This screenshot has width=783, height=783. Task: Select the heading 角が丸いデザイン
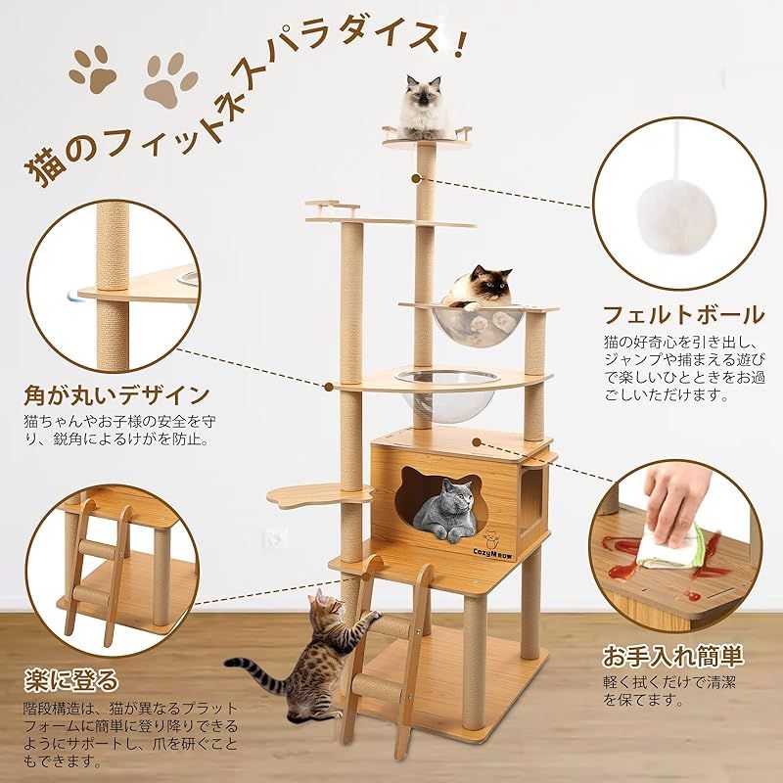point(115,395)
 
